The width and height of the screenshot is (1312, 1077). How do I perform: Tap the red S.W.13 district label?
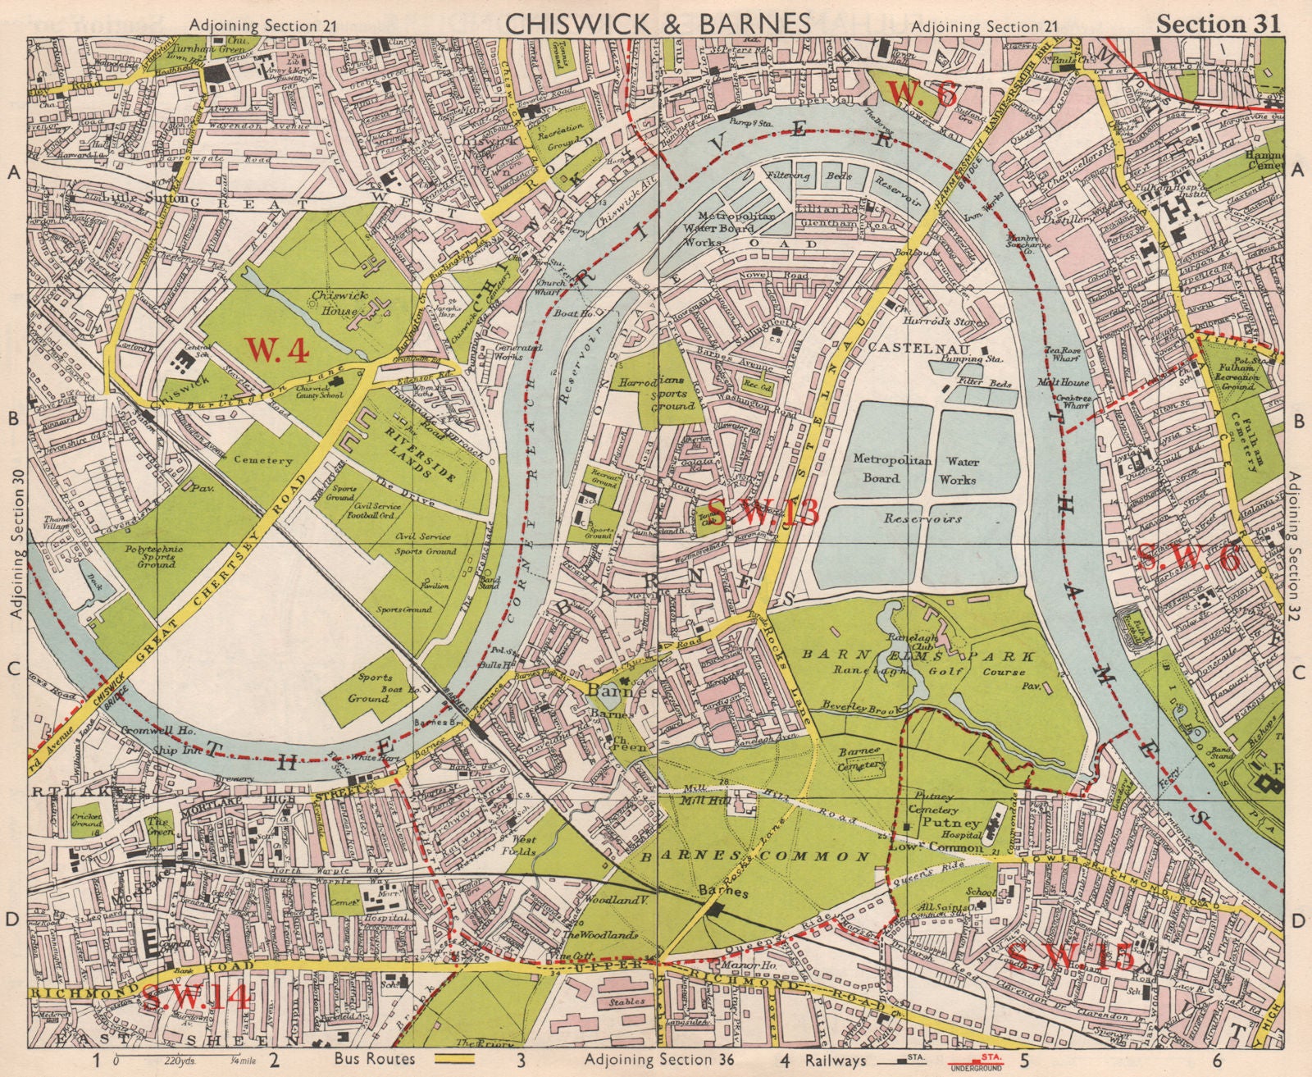(762, 514)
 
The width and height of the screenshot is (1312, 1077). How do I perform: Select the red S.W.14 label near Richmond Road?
(195, 997)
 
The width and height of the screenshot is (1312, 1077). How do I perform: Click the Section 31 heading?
(1217, 25)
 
